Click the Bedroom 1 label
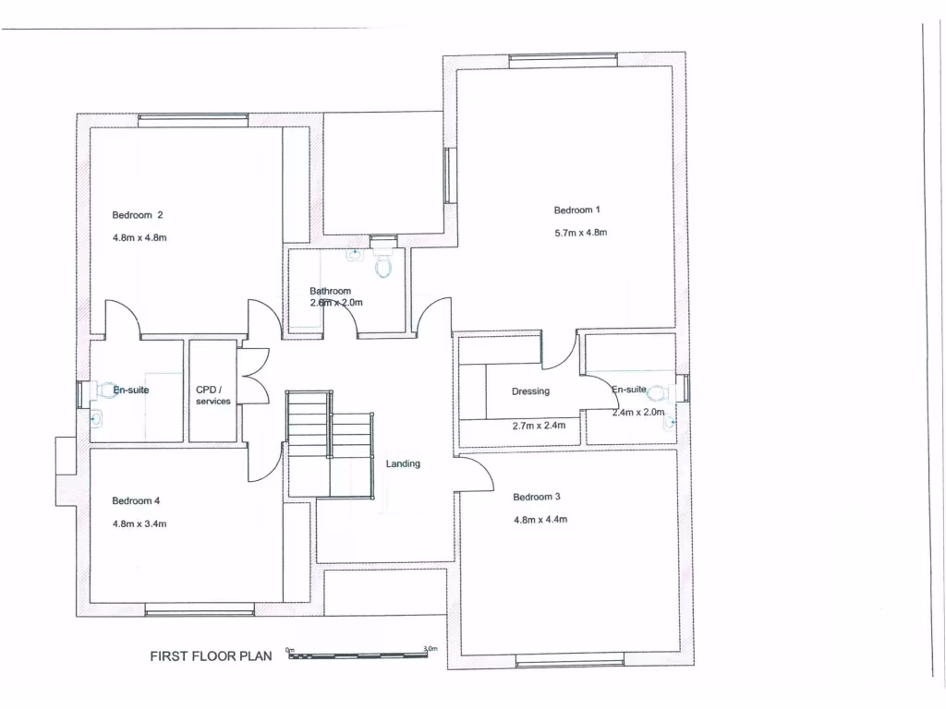point(577,210)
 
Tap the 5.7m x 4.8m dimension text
point(580,233)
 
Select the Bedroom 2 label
point(138,215)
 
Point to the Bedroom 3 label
point(537,497)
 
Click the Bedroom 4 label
point(137,501)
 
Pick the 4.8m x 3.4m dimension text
point(139,523)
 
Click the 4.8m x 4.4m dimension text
point(540,520)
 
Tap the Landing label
point(403,463)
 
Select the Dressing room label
point(530,391)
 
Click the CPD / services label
point(212,395)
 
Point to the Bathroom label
point(330,291)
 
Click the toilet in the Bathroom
point(383,265)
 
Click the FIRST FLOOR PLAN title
point(212,657)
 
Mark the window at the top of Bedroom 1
point(563,61)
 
